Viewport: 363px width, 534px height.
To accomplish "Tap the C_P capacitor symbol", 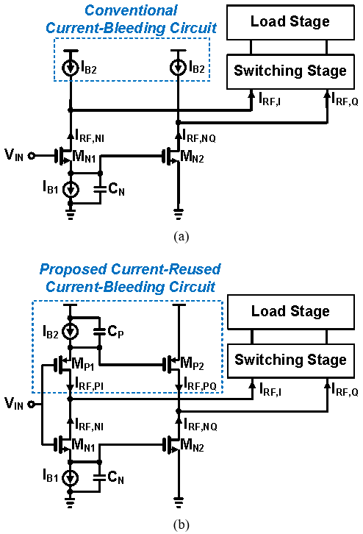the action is tap(99, 332).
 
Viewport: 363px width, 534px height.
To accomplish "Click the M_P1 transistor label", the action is tap(83, 363).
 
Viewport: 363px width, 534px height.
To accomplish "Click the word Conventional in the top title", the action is tap(131, 10).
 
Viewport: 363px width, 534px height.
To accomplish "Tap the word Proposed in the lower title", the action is tap(73, 269).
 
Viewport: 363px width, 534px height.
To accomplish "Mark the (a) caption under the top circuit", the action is tap(181, 236).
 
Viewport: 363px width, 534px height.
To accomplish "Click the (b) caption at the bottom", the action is tap(181, 524).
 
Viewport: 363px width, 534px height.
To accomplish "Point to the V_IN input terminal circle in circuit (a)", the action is tap(31, 156).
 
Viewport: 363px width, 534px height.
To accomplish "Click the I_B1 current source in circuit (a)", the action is tap(71, 189).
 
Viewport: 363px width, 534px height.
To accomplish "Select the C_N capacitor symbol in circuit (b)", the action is tap(99, 477).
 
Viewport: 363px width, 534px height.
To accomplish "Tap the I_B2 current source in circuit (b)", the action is tap(71, 332).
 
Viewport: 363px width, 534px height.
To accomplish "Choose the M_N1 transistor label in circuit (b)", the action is tap(83, 445).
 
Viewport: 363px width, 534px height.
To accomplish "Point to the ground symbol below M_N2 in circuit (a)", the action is tap(179, 214).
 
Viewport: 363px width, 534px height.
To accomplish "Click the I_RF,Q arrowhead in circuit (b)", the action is tap(327, 386).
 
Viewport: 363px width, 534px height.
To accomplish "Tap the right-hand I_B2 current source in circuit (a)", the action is tap(179, 68).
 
